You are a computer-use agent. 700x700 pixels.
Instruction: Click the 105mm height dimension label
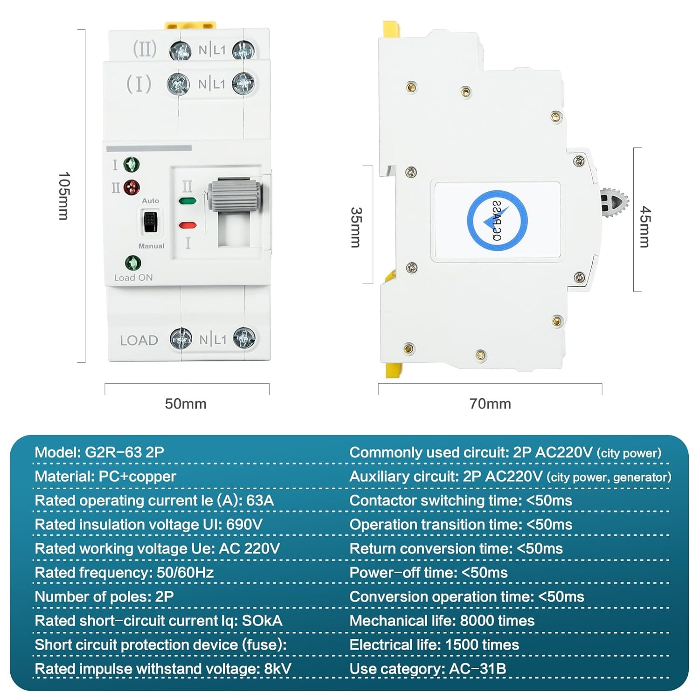point(64,196)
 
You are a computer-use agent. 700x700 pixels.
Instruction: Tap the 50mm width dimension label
point(186,404)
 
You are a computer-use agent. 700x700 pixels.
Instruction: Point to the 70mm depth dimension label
point(490,404)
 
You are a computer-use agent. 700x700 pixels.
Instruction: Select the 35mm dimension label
point(356,227)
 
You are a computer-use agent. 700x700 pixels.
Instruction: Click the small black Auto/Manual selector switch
point(150,221)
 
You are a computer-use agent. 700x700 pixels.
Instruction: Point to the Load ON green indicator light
point(133,263)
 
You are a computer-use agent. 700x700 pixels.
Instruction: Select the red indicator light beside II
point(132,188)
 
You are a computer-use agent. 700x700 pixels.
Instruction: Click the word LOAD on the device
point(139,341)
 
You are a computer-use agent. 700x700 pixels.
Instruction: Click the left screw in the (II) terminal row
point(180,50)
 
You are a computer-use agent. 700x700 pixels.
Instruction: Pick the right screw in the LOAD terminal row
point(244,338)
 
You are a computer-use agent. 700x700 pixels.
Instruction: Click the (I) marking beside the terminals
point(139,84)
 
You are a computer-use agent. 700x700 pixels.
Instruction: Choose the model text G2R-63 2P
point(125,452)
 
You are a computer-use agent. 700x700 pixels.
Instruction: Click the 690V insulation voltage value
point(244,525)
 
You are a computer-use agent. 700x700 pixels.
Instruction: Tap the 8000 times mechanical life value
point(497,621)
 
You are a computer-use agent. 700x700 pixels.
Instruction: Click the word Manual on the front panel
point(151,246)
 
